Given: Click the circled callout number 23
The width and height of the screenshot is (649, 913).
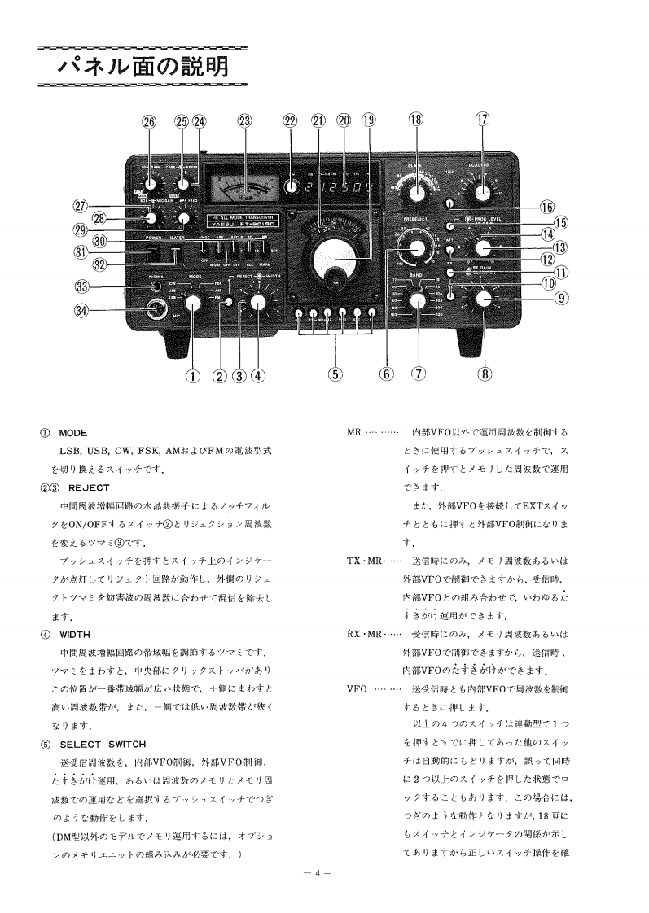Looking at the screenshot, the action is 245,120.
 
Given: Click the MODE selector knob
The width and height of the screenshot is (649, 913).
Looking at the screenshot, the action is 192,304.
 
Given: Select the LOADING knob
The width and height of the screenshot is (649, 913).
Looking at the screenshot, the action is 483,192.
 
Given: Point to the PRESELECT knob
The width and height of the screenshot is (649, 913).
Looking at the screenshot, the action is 419,249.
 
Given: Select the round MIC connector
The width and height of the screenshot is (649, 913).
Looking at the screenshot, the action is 153,308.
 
